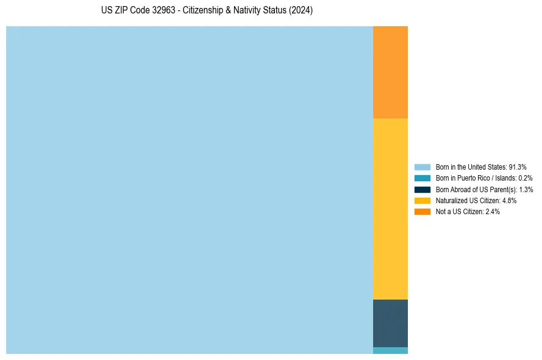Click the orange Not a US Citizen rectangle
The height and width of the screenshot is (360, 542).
pyautogui.click(x=390, y=72)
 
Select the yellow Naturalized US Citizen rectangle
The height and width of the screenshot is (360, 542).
pyautogui.click(x=390, y=209)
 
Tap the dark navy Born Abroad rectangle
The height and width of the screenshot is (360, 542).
pyautogui.click(x=390, y=323)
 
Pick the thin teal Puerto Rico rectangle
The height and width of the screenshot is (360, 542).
pyautogui.click(x=390, y=350)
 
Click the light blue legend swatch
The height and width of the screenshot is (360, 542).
pyautogui.click(x=423, y=167)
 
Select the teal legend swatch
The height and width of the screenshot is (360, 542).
pyautogui.click(x=423, y=178)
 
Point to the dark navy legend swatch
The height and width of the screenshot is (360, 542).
pyautogui.click(x=423, y=189)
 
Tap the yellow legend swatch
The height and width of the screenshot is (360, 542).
pyautogui.click(x=423, y=200)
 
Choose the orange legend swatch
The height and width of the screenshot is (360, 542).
pyautogui.click(x=423, y=211)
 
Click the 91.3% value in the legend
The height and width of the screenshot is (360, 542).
pyautogui.click(x=518, y=167)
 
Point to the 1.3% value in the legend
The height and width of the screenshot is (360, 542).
pyautogui.click(x=526, y=190)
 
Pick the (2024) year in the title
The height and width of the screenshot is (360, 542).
pyautogui.click(x=301, y=11)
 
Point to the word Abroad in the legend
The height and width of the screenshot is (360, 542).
pyautogui.click(x=462, y=190)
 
